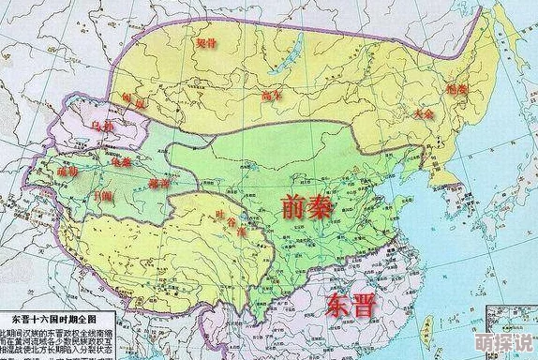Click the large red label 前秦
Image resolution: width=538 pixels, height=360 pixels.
pos(306,208)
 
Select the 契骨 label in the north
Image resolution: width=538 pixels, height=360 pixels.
pos(204,43)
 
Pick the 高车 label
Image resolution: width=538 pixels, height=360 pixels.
pos(272,97)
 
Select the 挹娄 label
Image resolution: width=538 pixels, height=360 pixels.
pos(456,89)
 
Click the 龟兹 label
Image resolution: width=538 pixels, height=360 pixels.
pos(121,160)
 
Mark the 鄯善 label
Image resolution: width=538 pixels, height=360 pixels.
pos(160,183)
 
